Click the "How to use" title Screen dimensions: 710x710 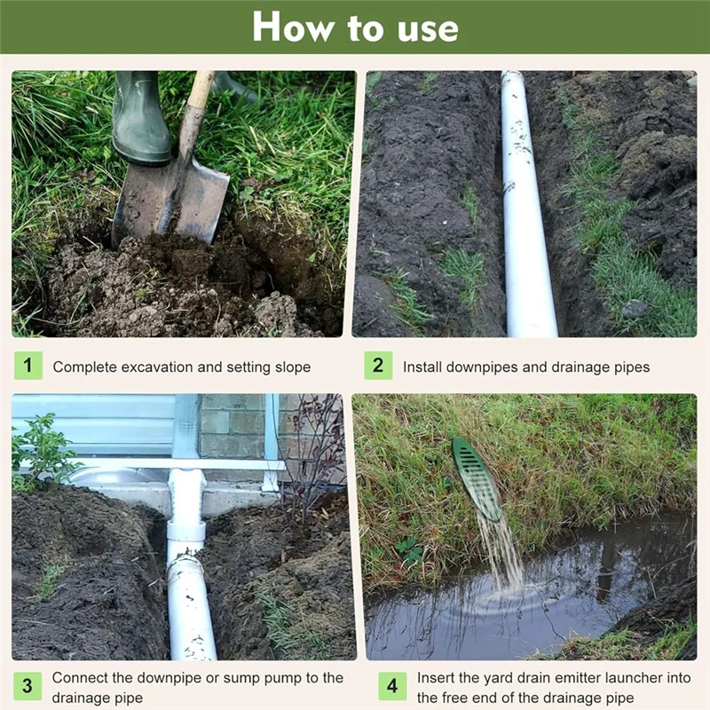coord(355,27)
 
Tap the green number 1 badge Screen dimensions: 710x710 coord(28,366)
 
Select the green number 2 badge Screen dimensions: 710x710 coord(378,366)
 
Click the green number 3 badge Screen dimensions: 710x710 coord(28,686)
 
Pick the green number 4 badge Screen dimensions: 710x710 coord(392,686)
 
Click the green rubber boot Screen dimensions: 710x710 coord(140,120)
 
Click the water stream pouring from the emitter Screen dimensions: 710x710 coord(501,550)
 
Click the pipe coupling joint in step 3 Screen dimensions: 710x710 coord(186,532)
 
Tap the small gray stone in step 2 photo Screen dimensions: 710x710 coord(635,309)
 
